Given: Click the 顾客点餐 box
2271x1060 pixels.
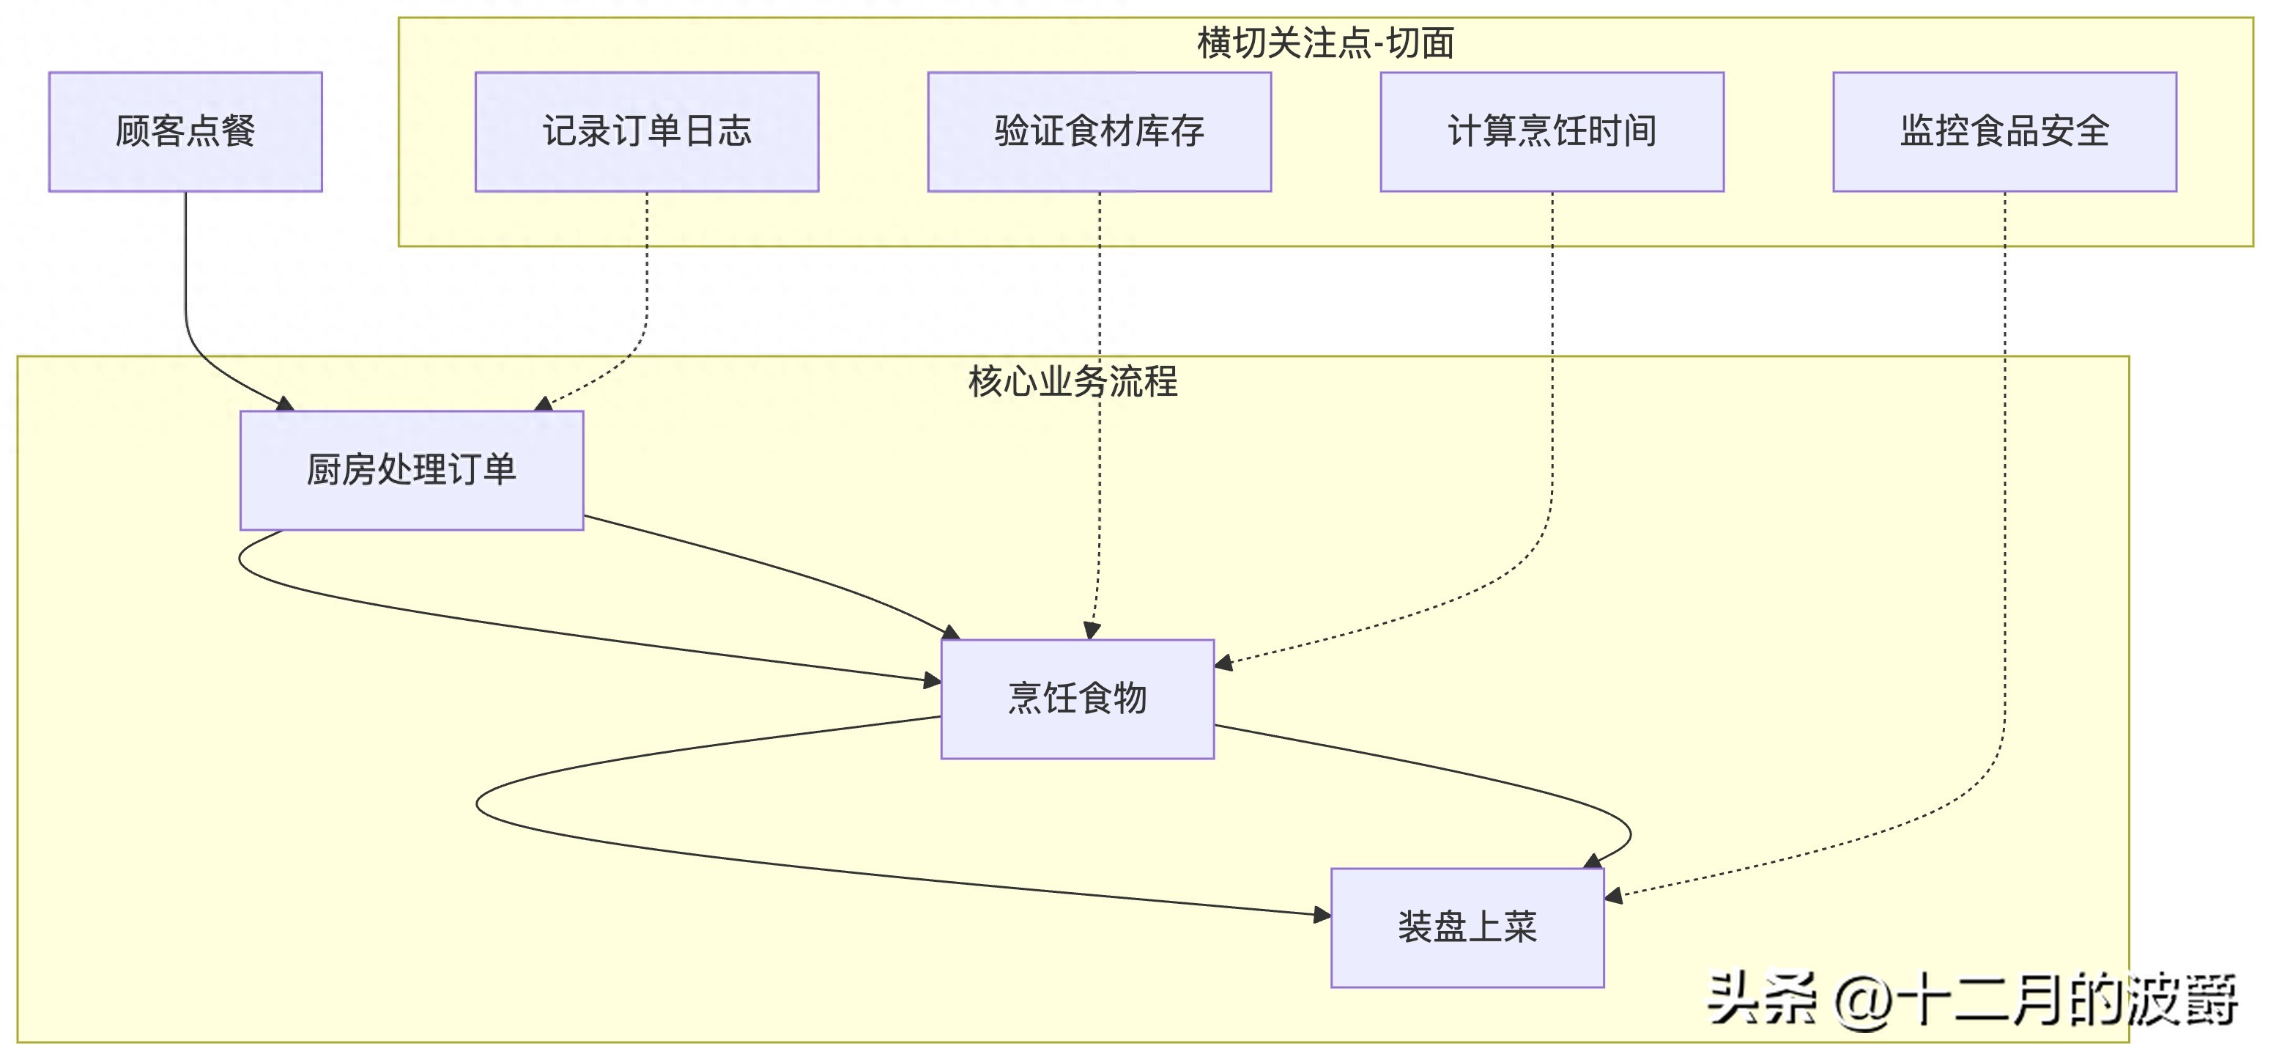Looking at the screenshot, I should pos(185,131).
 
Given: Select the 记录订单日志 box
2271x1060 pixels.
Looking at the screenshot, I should pos(646,131).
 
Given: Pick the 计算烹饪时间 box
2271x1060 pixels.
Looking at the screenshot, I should pos(1552,131).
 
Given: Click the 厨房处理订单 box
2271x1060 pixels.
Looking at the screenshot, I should pos(412,470).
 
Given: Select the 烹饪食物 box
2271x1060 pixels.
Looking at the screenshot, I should pos(1078,699).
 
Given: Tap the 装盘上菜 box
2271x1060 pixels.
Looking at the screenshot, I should pos(1467,927).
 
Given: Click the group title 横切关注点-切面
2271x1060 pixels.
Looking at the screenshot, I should pos(1325,43).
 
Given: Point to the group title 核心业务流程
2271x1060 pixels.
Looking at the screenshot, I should pos(1073,381).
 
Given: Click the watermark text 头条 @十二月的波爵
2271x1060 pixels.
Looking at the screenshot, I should pos(1971,1001).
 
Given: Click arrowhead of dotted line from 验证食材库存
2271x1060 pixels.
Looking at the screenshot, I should pos(1092,630).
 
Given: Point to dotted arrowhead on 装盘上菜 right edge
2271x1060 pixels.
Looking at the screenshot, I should pos(1613,896).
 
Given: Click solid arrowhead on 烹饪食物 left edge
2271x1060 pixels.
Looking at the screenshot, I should pos(932,680).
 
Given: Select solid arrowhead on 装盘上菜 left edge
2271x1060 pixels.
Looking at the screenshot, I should pos(1322,916).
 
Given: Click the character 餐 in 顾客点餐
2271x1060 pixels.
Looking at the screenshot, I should pos(239,131).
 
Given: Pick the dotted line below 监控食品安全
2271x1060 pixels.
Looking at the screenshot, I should pos(2005,441).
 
